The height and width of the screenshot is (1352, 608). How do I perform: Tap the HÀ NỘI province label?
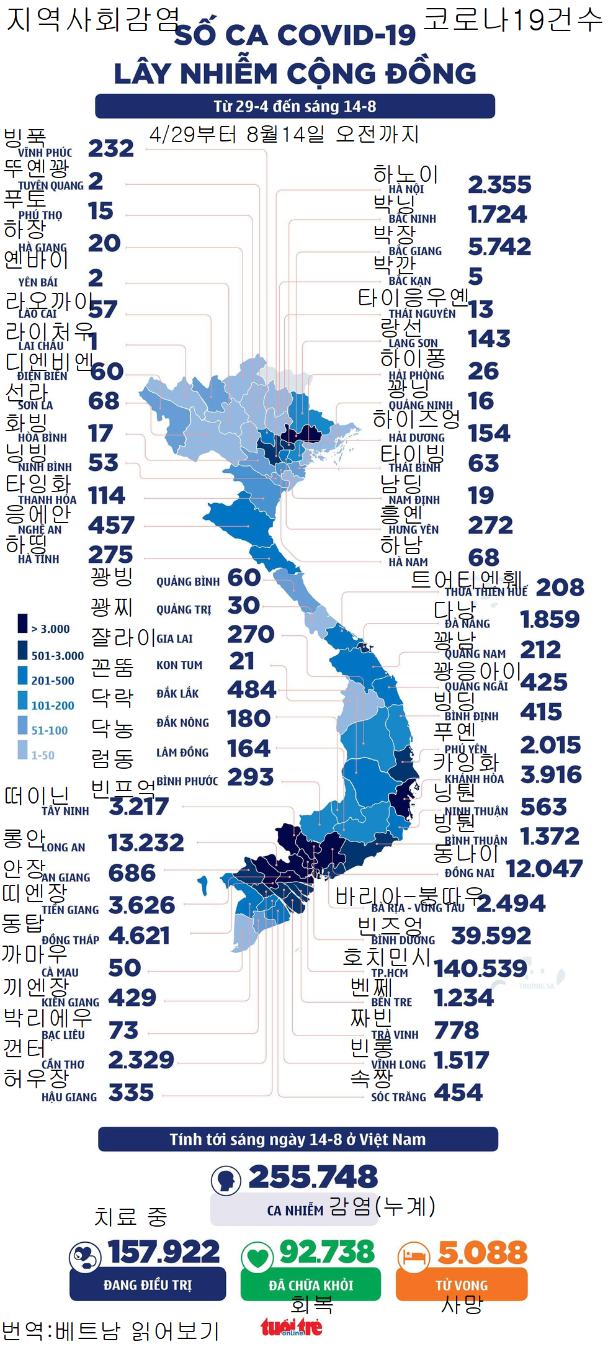406,189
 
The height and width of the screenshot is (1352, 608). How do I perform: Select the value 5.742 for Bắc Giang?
499,247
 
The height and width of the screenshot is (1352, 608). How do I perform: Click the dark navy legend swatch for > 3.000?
23,623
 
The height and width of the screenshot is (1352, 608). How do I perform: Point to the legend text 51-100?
50,730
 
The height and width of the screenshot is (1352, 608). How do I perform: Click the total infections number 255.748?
313,1177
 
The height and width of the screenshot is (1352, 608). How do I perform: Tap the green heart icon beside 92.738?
257,1257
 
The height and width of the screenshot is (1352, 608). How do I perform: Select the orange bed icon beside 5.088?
413,1256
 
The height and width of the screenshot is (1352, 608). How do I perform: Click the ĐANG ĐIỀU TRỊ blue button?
148,1285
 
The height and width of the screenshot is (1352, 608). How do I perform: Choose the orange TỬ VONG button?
462,1285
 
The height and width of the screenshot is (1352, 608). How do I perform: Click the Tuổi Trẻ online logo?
291,1327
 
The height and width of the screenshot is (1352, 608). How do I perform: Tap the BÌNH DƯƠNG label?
403,940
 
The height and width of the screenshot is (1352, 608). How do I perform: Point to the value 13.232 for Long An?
146,843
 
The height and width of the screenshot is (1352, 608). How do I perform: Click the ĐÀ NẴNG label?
467,624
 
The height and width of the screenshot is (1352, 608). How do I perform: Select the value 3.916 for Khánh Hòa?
550,775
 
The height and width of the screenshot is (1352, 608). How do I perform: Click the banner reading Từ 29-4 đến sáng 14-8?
295,106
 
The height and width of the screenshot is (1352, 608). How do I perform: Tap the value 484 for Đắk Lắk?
251,689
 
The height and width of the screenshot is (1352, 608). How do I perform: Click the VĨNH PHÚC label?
45,153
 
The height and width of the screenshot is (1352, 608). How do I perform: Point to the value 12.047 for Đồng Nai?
544,869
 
